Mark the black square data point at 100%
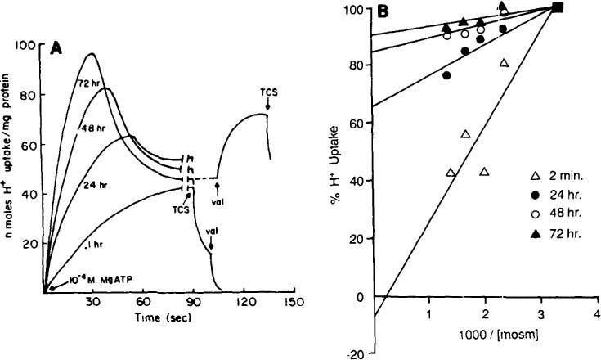558,7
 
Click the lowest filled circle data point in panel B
446,75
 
